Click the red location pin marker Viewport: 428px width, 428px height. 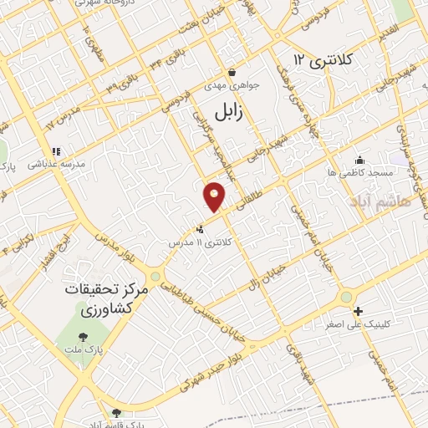pos(215,196)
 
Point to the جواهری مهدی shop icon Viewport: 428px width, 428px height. pos(232,72)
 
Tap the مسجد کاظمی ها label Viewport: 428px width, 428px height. pos(360,171)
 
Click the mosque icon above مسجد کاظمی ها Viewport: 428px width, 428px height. pos(360,160)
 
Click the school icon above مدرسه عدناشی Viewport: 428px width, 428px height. pos(56,152)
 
